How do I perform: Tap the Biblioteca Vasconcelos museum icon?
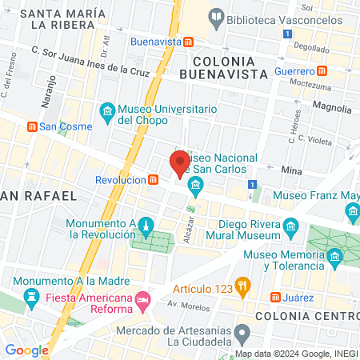[x=215, y=16]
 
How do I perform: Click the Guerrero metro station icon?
[x=321, y=70]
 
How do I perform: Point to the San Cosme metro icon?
[x=32, y=126]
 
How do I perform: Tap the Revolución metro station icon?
[x=152, y=180]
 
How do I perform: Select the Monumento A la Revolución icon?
[x=146, y=226]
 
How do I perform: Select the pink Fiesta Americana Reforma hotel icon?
[x=142, y=300]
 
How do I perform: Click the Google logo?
[x=27, y=350]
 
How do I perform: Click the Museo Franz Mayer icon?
[x=354, y=210]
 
